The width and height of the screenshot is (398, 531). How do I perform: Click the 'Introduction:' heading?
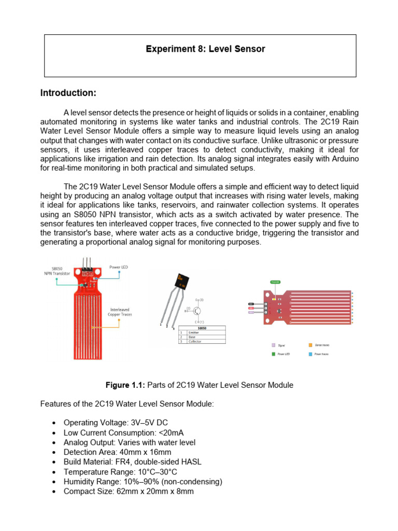[68, 93]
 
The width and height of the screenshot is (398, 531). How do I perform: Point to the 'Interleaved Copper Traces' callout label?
[120, 312]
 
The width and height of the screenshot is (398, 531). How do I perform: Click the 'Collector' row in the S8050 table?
[202, 341]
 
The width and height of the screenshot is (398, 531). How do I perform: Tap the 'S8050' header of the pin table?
[202, 328]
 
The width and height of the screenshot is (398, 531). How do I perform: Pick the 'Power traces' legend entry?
[322, 354]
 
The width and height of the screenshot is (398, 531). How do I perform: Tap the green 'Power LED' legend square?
[273, 354]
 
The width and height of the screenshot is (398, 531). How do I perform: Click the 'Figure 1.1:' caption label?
[125, 385]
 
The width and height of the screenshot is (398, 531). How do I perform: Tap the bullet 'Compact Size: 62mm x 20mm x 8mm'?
[129, 491]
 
